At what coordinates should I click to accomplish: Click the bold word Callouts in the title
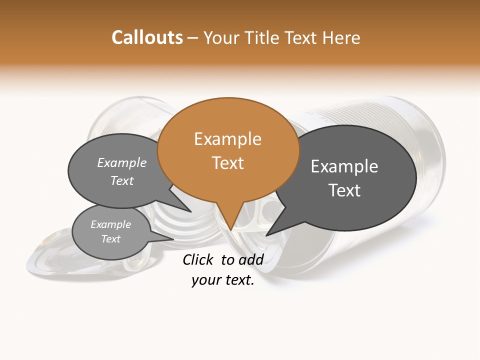(147, 37)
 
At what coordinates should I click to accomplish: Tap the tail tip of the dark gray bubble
(266, 235)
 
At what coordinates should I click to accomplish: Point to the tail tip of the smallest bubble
(173, 239)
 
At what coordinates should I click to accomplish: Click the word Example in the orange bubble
(228, 139)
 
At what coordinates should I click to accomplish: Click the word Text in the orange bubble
(228, 163)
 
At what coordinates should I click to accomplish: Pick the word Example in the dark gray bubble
(344, 166)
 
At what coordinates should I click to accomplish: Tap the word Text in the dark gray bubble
(344, 190)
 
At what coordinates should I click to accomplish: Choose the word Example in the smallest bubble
(111, 224)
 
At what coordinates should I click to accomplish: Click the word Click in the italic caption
(197, 259)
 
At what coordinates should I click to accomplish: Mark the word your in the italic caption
(205, 280)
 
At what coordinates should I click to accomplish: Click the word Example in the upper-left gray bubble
(122, 163)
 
